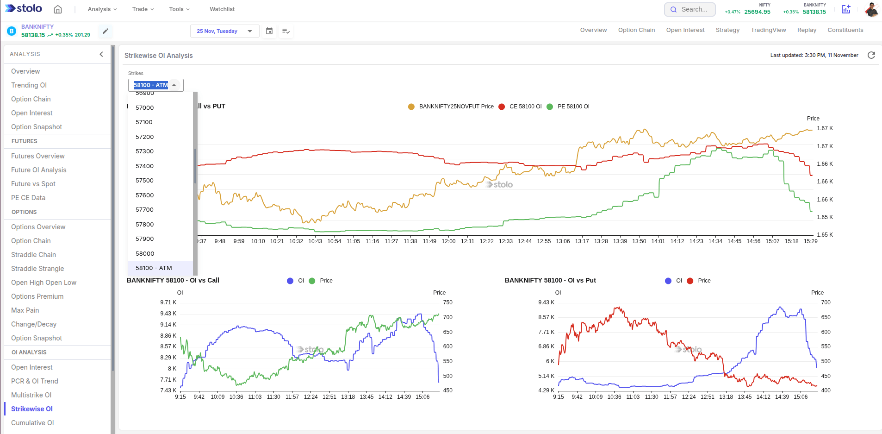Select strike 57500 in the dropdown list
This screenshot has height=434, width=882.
144,181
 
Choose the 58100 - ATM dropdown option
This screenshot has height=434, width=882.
154,268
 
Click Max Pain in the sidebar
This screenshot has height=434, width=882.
25,310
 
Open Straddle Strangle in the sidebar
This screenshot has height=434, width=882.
37,269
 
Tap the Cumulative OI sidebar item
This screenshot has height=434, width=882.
32,423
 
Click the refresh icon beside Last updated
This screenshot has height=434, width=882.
871,55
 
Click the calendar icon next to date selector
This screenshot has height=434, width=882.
269,31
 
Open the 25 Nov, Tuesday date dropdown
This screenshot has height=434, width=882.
224,31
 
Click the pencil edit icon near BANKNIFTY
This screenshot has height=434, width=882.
106,31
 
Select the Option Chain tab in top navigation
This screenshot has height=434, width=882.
636,30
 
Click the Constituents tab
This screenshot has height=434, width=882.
845,30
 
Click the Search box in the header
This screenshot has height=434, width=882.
690,9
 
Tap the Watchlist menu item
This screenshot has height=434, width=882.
222,9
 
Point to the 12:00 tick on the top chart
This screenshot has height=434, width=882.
448,241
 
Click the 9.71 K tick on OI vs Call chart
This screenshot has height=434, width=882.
168,302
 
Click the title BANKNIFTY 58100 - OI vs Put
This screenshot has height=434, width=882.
550,280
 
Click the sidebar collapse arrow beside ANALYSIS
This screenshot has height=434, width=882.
101,54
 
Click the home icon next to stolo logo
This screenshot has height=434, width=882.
58,9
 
